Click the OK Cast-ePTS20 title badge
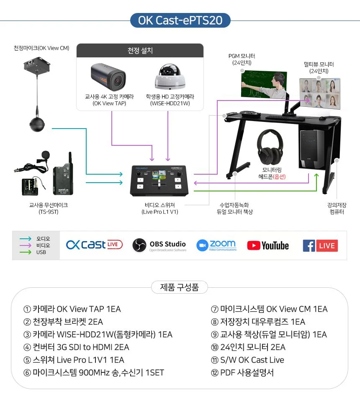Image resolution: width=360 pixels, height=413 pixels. click(180, 20)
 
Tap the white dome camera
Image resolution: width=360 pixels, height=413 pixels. click(170, 77)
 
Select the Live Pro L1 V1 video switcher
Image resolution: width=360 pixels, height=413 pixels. click(159, 181)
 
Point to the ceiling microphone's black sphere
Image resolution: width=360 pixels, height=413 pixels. click(37, 124)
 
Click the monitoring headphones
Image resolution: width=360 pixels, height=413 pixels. click(270, 147)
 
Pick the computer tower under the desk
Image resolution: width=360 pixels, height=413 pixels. click(312, 149)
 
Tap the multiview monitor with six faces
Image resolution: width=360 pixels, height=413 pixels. click(320, 93)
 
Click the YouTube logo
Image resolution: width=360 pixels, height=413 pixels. click(268, 245)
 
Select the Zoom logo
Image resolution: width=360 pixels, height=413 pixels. click(216, 245)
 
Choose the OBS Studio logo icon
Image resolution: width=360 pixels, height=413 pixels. click(139, 245)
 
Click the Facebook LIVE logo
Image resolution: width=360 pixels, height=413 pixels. click(320, 245)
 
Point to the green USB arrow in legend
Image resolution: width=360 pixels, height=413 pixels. click(26, 252)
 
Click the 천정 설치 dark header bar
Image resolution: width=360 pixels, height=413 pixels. click(140, 50)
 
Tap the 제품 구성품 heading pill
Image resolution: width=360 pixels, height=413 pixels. click(180, 287)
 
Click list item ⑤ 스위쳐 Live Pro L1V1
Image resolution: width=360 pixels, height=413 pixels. click(74, 360)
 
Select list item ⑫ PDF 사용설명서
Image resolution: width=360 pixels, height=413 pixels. click(242, 372)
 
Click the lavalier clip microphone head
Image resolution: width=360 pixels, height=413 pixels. click(45, 155)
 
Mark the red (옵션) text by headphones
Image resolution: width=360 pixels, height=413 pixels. click(279, 176)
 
